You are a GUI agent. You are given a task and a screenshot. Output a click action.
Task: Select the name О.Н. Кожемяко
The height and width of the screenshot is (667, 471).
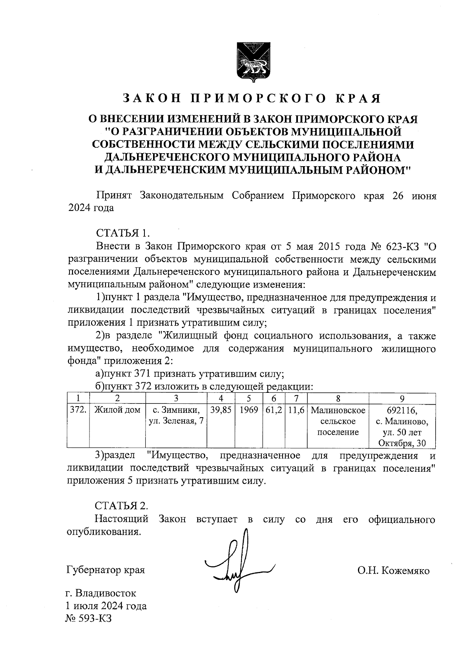point(393,571)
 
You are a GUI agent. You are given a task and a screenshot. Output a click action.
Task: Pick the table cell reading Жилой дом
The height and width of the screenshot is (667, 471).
point(117,410)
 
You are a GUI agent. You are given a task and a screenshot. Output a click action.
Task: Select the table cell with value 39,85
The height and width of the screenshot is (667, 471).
point(221,410)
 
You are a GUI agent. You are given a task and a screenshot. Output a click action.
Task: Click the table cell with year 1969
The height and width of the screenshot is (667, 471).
point(248,410)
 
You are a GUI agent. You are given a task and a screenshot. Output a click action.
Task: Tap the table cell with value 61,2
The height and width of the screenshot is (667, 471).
point(274,410)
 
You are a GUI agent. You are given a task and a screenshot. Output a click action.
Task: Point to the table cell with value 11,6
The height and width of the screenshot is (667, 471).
point(296,410)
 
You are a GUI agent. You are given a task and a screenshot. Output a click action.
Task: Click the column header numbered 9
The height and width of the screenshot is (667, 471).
point(402,398)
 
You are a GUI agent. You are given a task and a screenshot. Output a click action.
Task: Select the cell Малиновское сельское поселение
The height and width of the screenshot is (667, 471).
point(338,421)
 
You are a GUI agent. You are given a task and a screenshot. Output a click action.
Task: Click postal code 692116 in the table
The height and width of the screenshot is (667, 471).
point(402,410)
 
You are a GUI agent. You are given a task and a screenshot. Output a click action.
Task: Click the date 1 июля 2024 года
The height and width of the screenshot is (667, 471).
point(106,605)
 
